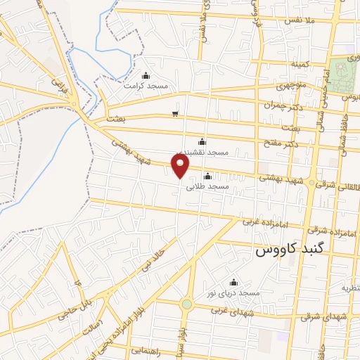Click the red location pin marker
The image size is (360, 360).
[181, 166]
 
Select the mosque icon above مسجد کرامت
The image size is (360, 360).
[146, 76]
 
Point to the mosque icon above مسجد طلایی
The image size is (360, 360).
[207, 176]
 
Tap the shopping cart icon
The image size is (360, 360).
[175, 114]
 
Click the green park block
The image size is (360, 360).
[345, 77]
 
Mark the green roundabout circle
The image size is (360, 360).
[186, 304]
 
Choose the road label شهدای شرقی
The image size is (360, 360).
[324, 317]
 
